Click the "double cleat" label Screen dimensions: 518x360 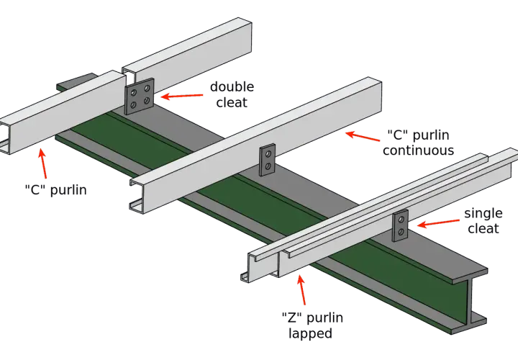[x=232, y=94]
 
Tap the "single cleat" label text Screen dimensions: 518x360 [x=483, y=221]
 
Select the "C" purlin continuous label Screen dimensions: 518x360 [x=418, y=143]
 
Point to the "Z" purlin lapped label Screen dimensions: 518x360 [x=312, y=325]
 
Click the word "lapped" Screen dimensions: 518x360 [x=310, y=333]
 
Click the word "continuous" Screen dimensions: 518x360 [x=418, y=150]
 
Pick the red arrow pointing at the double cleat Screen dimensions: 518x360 [x=182, y=96]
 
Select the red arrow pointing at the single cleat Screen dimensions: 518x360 [x=438, y=223]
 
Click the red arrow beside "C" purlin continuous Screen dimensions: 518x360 [x=363, y=136]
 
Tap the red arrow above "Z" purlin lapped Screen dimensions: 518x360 [x=301, y=289]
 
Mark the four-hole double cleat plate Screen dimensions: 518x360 [x=140, y=96]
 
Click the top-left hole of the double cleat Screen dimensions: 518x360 [x=134, y=92]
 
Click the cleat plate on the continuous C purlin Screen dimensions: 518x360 [x=268, y=160]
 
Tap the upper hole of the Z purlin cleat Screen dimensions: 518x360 [x=401, y=220]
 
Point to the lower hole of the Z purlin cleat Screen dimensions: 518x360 [x=401, y=232]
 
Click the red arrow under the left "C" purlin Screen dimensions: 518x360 [x=42, y=163]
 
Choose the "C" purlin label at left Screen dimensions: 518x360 [x=56, y=190]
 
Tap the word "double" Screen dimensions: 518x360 [x=232, y=87]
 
